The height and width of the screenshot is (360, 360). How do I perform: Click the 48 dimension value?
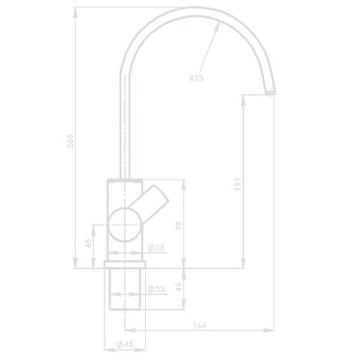click(x=87, y=244)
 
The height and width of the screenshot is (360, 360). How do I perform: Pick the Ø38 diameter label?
click(x=156, y=248)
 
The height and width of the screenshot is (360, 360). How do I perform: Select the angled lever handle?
click(x=154, y=204)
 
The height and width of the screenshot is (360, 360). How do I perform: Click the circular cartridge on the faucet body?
click(x=124, y=227)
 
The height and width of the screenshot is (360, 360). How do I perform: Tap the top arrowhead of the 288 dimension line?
click(x=76, y=13)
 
